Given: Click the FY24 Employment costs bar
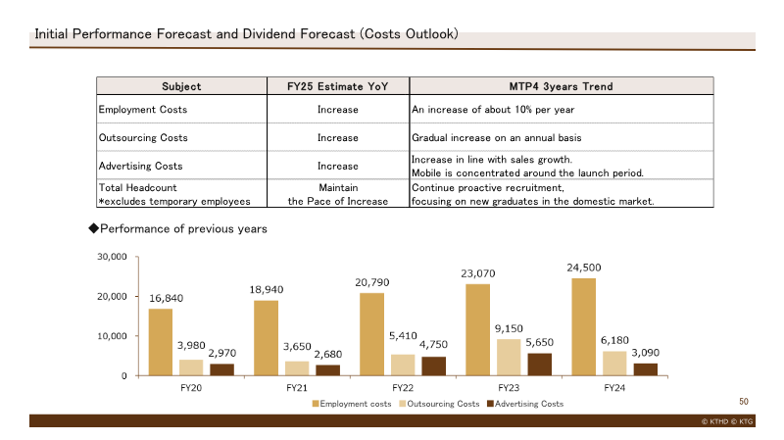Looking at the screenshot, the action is [x=583, y=327].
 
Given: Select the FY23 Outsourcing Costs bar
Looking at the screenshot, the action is [x=509, y=358].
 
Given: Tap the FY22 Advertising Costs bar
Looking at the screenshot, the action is [x=433, y=366].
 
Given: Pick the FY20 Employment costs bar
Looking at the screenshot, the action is [x=161, y=342].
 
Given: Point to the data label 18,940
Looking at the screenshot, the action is [x=267, y=289].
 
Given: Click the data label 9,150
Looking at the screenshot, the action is [x=509, y=328].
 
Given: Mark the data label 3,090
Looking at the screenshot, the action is [x=646, y=353].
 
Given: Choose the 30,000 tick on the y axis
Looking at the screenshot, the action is [x=112, y=257].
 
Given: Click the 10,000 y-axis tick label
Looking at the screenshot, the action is [x=112, y=336].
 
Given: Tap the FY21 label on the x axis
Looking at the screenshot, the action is [x=297, y=388].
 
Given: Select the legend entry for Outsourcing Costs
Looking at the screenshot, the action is [x=439, y=404].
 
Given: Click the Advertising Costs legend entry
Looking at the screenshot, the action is [x=525, y=404].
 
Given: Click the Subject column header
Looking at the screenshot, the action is [x=181, y=86].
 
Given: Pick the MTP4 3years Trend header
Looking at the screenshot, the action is [x=561, y=86].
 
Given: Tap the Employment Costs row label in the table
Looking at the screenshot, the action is [x=143, y=110].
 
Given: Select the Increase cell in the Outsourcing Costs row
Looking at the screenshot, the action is [x=338, y=137].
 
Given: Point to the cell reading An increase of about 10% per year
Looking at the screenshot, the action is [x=493, y=110].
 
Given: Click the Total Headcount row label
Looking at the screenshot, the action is [x=138, y=187].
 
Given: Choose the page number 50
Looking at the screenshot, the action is [x=744, y=402].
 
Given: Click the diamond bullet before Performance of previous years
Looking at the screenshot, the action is [x=93, y=228].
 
